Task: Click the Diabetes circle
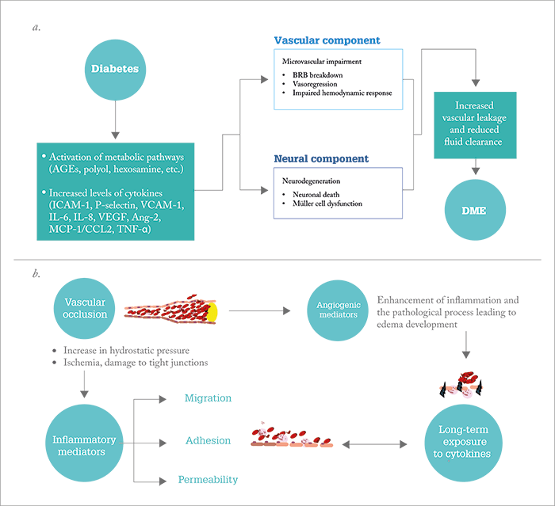coord(116,70)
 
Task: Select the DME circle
coord(475,210)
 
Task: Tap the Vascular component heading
coord(327,40)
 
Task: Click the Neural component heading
coord(321,158)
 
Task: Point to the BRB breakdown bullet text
coord(317,75)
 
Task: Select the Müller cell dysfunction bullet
coord(327,204)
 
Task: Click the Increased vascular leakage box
coord(475,125)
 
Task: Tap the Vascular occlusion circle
coord(84,308)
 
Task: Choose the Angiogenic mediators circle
coord(338,310)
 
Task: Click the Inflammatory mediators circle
coord(84,443)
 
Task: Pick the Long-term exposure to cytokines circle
coord(463,443)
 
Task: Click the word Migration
coord(208,398)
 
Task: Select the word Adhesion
coord(208,440)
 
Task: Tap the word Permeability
coord(208,480)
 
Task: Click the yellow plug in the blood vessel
coord(212,313)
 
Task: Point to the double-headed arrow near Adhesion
coord(374,444)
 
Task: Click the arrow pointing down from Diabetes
coord(116,120)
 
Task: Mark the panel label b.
coord(36,274)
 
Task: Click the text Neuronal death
coord(316,195)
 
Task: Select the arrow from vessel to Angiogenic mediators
coord(260,311)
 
